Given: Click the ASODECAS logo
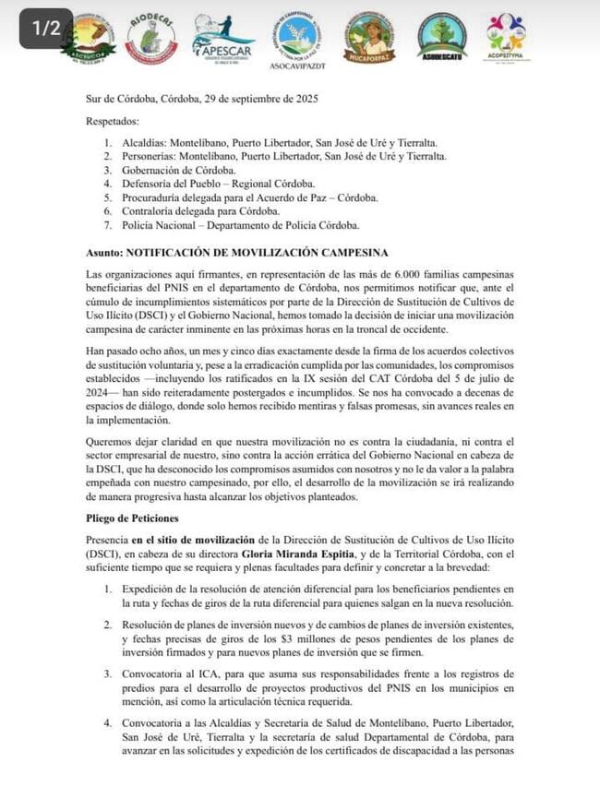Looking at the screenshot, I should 150,39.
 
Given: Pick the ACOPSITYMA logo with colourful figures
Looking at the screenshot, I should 505,37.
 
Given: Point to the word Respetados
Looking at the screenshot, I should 113,121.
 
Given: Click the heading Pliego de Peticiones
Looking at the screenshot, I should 133,519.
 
